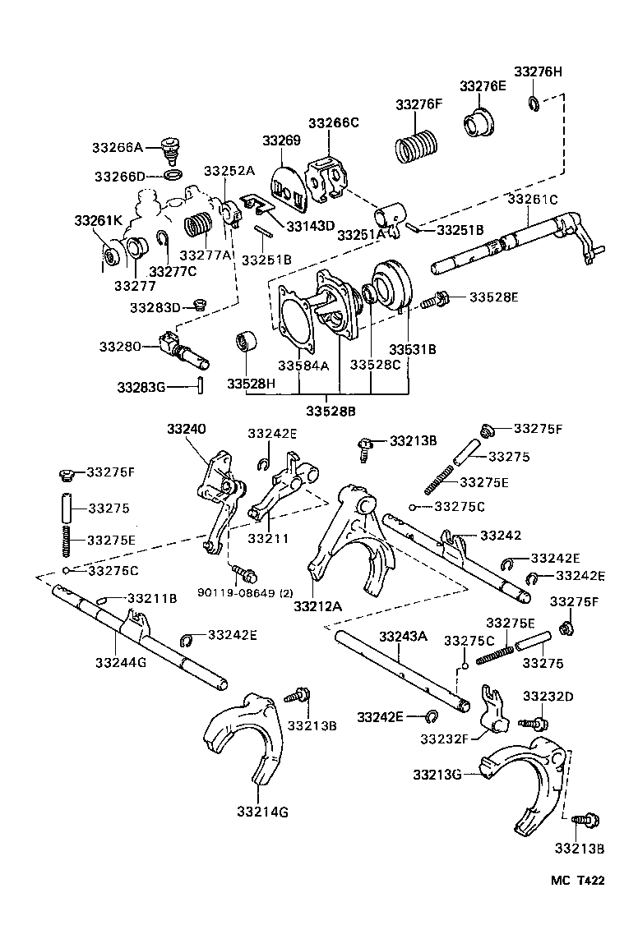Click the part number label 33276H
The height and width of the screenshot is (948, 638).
click(539, 71)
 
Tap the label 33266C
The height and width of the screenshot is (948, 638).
click(334, 123)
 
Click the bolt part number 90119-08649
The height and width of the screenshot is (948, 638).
click(233, 592)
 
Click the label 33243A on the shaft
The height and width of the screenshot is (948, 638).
click(403, 635)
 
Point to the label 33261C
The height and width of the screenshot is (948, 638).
click(532, 199)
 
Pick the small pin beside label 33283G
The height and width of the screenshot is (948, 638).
click(199, 386)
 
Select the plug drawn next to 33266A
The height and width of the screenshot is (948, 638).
click(171, 149)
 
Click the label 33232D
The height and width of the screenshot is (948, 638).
click(548, 697)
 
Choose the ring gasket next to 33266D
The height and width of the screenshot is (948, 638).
click(173, 176)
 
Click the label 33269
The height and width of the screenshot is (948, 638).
click(282, 140)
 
